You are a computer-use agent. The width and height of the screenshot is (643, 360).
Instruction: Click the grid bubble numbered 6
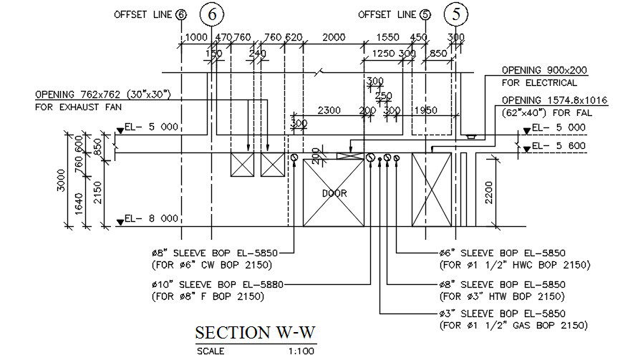point(211,14)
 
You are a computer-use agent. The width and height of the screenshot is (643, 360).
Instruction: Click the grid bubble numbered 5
point(456,14)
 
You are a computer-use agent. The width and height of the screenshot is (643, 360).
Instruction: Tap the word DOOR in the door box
point(334,193)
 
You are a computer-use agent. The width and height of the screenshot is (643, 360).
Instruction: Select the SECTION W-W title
point(256,334)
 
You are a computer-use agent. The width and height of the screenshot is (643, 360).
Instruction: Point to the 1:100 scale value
point(300,351)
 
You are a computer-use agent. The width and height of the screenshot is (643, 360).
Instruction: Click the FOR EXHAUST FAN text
point(78,107)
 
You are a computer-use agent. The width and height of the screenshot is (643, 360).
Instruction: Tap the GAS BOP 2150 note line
point(514,326)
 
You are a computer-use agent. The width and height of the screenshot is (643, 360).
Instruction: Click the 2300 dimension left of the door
point(328,110)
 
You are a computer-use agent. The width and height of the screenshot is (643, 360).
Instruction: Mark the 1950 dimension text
point(425,110)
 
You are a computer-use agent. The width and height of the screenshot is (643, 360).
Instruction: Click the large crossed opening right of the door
point(432,190)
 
